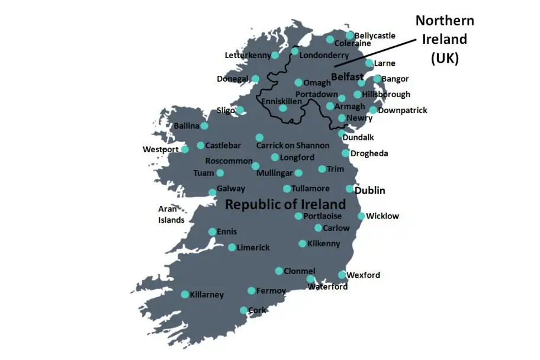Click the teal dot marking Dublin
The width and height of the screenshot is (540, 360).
coord(350,189)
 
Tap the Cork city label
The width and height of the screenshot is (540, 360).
coord(258,310)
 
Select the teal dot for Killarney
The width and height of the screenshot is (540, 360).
coord(185,294)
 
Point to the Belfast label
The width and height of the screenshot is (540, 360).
coord(347,77)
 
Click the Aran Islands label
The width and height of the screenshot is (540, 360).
coord(171,214)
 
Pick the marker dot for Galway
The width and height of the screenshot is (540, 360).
coord(213,192)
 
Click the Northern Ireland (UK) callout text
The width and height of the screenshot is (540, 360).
coord(444,40)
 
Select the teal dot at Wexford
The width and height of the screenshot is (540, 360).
coord(342,275)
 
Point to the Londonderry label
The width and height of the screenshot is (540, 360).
coord(324,55)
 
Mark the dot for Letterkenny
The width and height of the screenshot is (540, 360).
coord(275,55)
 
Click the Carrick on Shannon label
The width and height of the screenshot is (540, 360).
coord(292,146)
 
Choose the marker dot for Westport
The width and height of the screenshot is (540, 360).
coord(185,149)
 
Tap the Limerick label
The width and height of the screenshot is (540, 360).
coord(253,247)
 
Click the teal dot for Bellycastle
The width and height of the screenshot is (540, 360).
coord(350,36)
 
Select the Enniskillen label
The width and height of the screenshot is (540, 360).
coord(281,101)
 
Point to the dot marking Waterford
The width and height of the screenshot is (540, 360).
coord(311,279)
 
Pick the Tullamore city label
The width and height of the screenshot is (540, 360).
coord(310,189)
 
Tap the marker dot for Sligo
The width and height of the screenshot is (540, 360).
coord(240,110)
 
